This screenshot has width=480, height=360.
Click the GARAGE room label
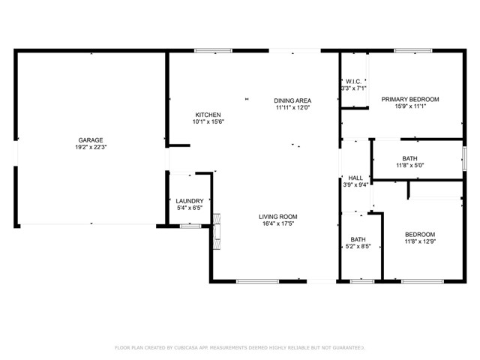(91, 139)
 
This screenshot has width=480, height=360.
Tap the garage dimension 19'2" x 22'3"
(91, 148)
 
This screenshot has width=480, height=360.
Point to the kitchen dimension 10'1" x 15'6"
(208, 122)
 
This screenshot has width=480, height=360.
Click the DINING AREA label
(292, 100)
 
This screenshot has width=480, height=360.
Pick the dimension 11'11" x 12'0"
(292, 107)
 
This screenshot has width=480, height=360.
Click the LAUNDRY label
(189, 201)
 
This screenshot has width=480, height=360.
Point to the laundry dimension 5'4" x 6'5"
(189, 208)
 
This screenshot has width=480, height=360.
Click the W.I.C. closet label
(354, 82)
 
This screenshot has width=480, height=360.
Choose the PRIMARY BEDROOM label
(409, 99)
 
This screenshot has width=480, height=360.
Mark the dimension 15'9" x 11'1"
(409, 106)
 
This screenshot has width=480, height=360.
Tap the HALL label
(355, 178)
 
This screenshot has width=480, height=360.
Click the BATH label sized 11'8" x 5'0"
(409, 158)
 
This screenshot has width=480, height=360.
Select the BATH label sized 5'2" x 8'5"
(358, 239)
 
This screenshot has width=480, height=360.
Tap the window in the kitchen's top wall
(213, 51)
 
